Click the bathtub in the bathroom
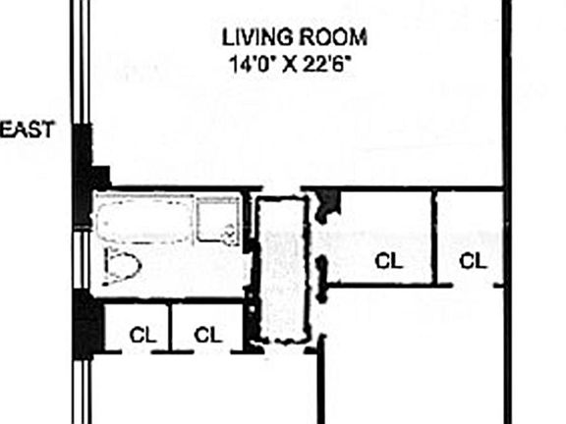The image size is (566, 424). [x=142, y=220]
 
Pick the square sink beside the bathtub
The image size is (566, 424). [x=216, y=221]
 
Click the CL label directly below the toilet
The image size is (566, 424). [x=143, y=334]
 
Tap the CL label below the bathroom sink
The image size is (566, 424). [x=207, y=334]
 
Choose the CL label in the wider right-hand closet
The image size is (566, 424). [x=389, y=261]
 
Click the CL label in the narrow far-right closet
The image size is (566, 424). [x=473, y=261]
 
